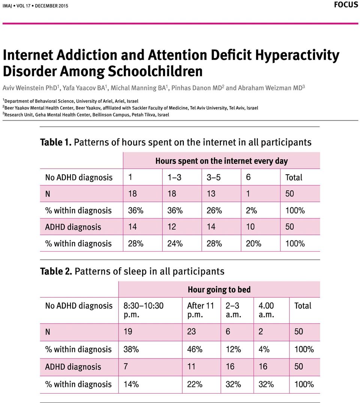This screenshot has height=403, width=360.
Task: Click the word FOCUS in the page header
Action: click(346, 4)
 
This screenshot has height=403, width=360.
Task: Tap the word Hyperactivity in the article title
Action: click(297, 55)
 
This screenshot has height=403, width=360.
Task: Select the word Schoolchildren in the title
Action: click(155, 71)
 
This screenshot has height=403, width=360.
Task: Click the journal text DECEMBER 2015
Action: click(51, 6)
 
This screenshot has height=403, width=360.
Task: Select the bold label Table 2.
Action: click(56, 271)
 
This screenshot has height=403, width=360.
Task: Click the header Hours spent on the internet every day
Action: click(221, 161)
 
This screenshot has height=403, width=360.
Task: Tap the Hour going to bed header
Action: click(219, 290)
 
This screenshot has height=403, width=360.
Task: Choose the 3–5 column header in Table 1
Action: click(213, 177)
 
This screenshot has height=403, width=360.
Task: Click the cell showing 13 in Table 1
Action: click(211, 193)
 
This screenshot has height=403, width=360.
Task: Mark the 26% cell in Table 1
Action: click(214, 210)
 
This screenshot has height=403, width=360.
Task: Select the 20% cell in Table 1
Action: click(253, 243)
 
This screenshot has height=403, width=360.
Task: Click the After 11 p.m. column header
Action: click(201, 310)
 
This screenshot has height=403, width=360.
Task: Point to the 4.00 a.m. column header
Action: click(266, 310)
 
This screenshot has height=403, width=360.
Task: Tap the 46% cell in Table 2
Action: click(195, 349)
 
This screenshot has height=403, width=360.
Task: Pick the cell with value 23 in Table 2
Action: click(191, 331)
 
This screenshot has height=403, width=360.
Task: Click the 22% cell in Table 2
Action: click(195, 384)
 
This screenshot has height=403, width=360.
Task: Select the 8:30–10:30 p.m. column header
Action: click(144, 310)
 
